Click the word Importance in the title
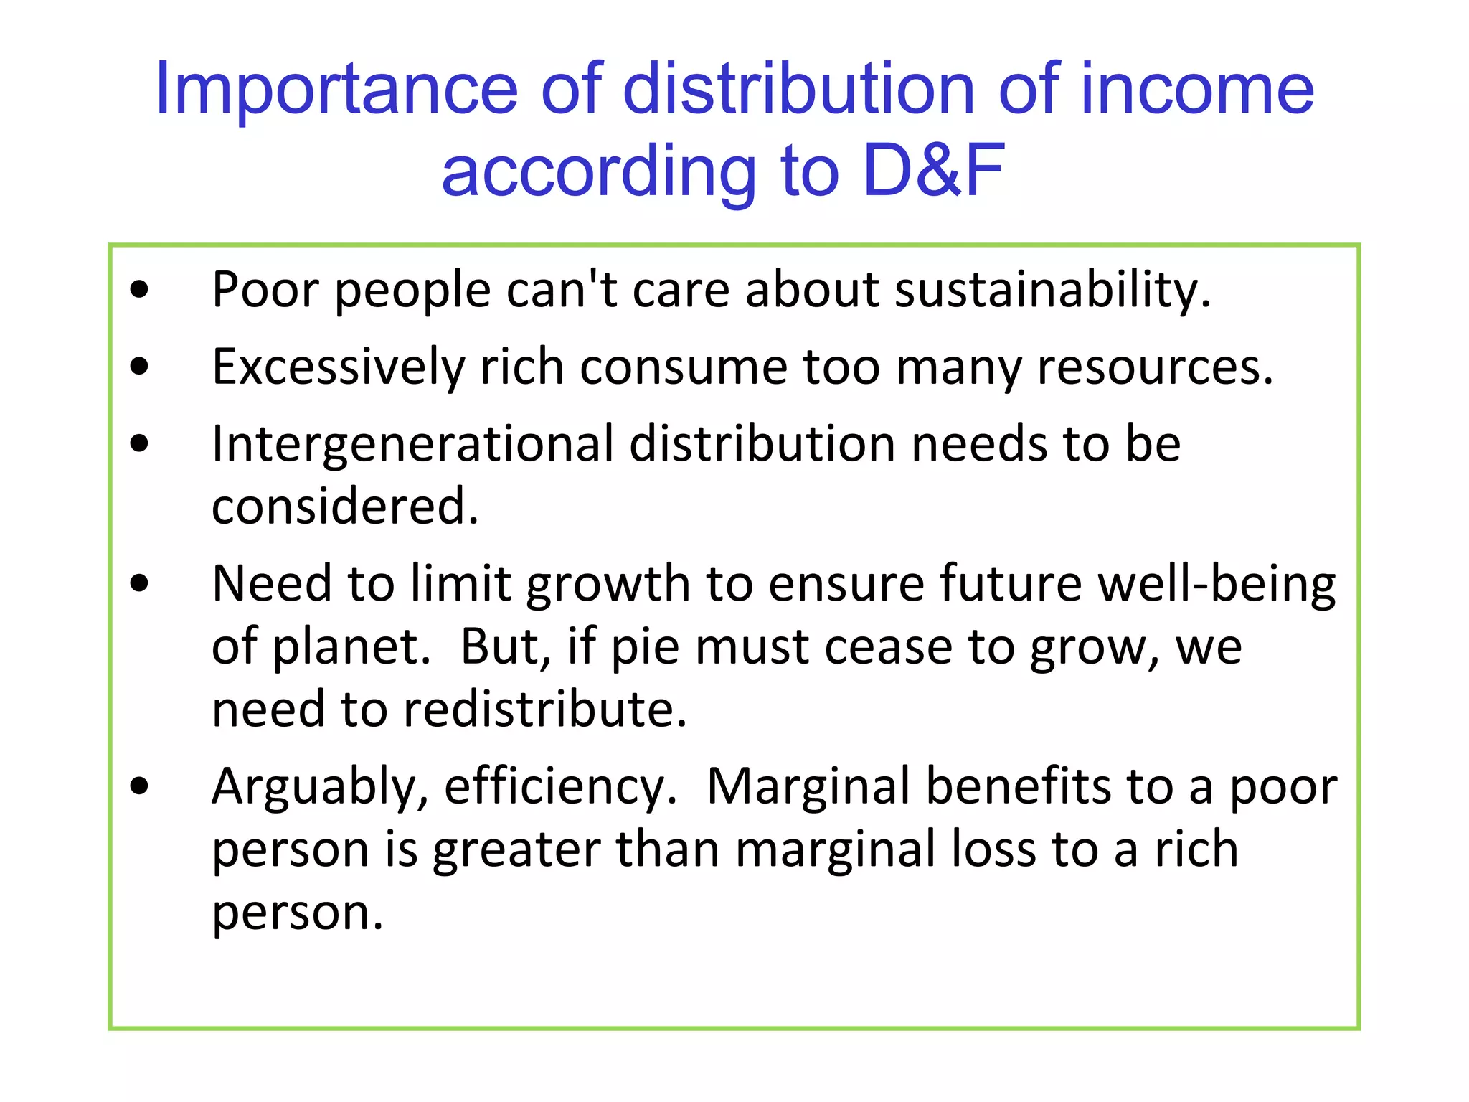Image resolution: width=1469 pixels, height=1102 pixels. pyautogui.click(x=336, y=90)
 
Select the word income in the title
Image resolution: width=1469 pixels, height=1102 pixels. pyautogui.click(x=1196, y=90)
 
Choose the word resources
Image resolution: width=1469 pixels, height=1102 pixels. pyautogui.click(x=1155, y=367)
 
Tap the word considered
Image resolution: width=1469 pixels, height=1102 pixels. pyautogui.click(x=345, y=507)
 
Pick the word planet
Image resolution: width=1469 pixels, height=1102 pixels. pyautogui.click(x=351, y=646)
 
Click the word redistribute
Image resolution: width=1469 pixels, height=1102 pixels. pyautogui.click(x=545, y=710)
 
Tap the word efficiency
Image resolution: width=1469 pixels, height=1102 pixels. pyautogui.click(x=560, y=787)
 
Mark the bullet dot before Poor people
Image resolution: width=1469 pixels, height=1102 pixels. pyautogui.click(x=140, y=291)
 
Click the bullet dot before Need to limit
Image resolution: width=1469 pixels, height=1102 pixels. pyautogui.click(x=140, y=583)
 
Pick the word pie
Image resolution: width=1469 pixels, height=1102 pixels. pyautogui.click(x=645, y=646)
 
